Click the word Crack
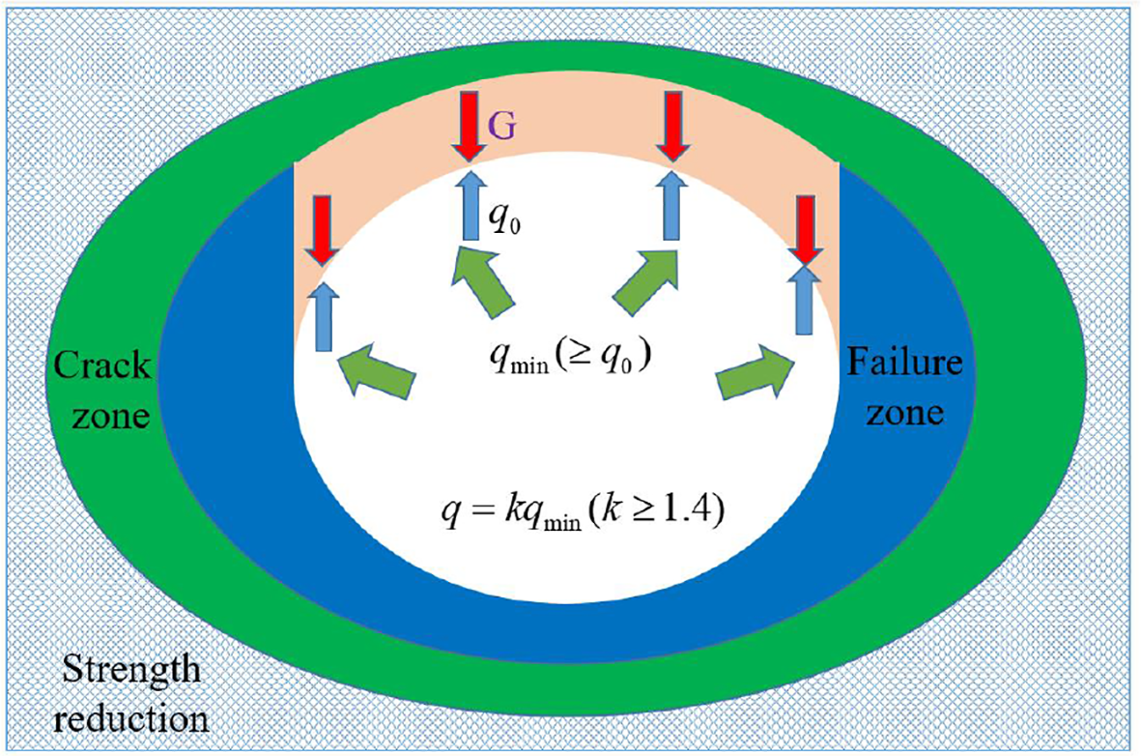click(102, 366)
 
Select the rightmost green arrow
click(757, 372)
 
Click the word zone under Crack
click(101, 418)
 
